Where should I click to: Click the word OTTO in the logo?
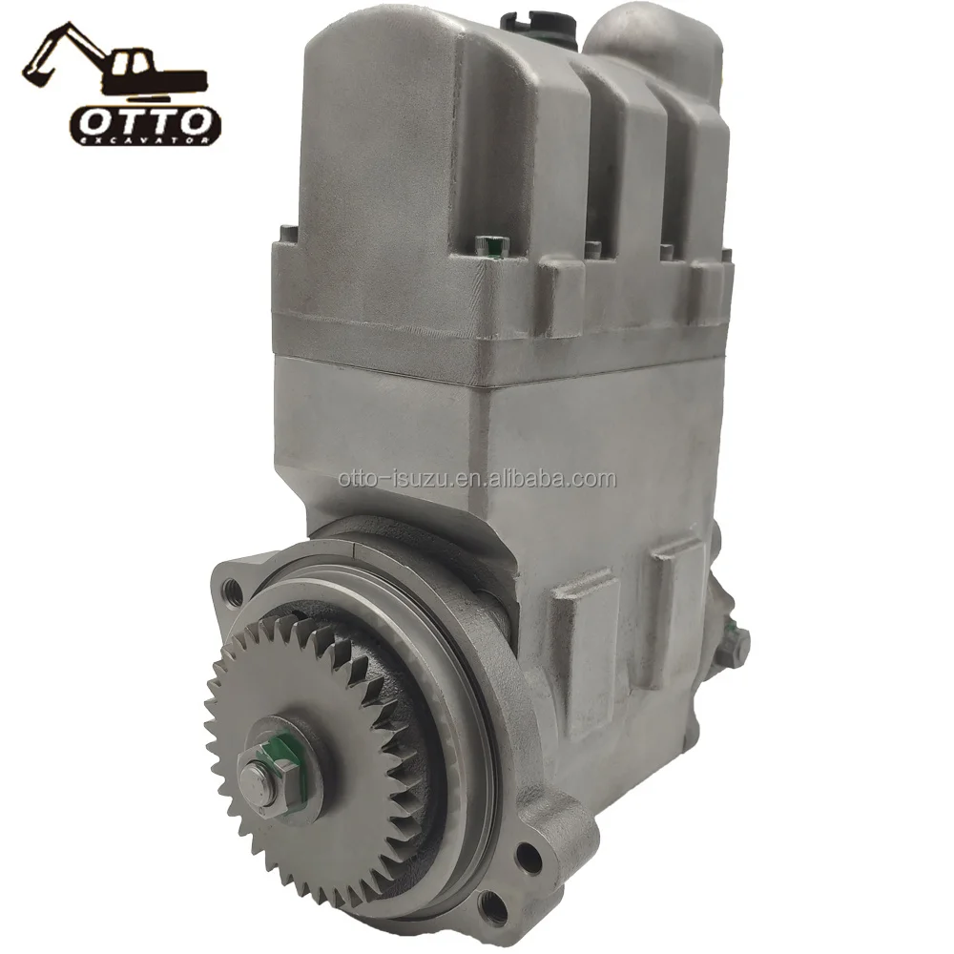point(144,122)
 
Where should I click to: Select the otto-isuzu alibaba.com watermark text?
point(477,479)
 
